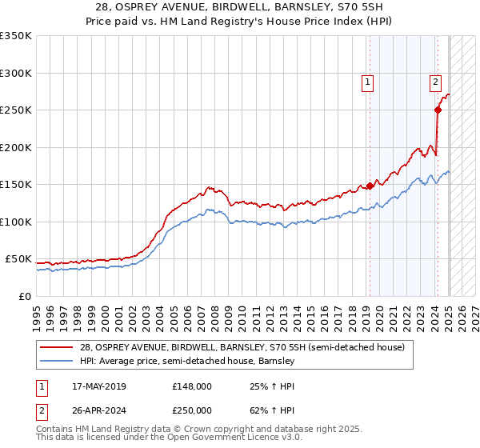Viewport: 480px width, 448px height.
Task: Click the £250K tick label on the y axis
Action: coord(16,110)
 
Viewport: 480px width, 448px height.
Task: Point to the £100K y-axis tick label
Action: coord(16,222)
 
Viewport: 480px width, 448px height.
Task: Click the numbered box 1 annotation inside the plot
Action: coord(367,81)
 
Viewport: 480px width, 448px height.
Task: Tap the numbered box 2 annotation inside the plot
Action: coord(435,81)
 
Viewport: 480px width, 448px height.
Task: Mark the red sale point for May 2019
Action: coord(370,186)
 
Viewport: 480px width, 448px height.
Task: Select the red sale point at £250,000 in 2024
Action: coord(438,110)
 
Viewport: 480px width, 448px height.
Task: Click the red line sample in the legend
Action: coord(57,347)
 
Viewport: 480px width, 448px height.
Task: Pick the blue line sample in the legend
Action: coord(57,361)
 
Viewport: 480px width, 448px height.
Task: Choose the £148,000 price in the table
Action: coord(192,386)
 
